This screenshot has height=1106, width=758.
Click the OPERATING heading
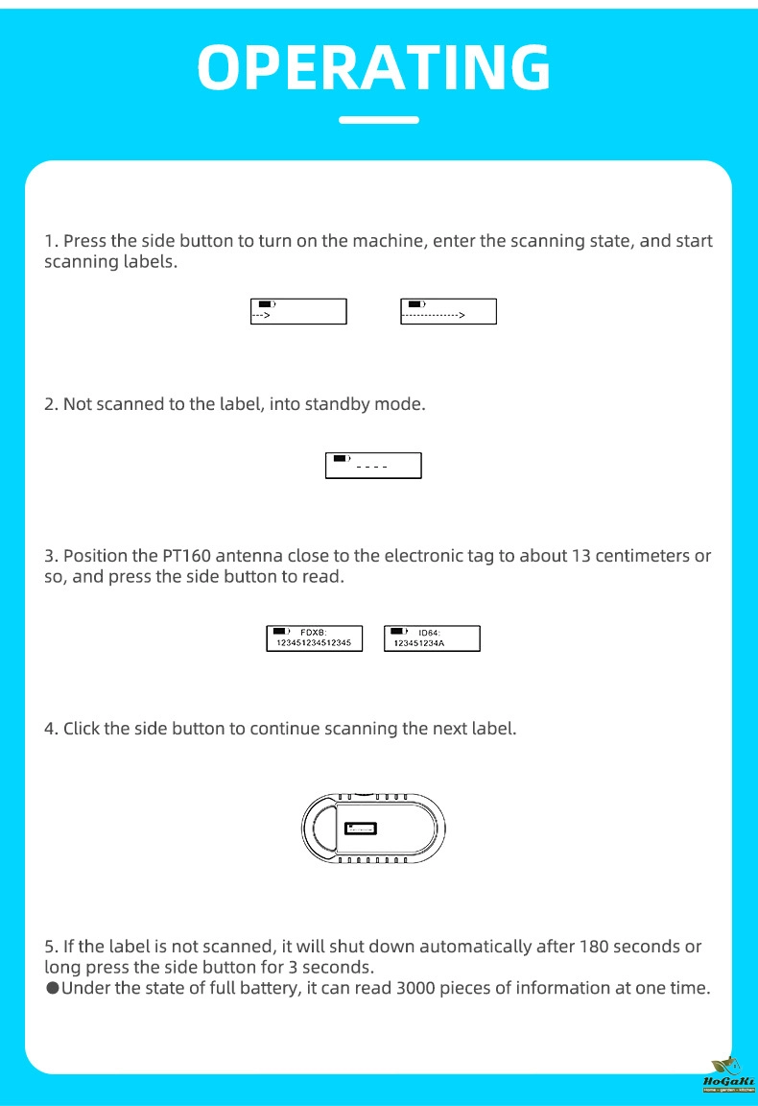click(x=374, y=66)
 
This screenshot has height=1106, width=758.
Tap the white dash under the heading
click(x=379, y=120)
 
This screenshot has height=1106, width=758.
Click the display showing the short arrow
click(x=297, y=311)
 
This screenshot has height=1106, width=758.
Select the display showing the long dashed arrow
click(x=448, y=311)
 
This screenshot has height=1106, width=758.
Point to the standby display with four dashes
click(x=373, y=465)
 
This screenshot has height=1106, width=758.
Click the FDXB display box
click(x=315, y=638)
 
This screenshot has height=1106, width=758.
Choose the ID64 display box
click(x=432, y=638)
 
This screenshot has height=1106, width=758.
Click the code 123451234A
click(x=419, y=644)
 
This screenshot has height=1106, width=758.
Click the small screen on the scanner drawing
click(x=362, y=829)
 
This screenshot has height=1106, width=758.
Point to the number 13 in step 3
click(x=581, y=557)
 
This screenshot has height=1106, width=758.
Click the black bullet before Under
click(x=52, y=988)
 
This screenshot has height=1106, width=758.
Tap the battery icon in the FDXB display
click(x=280, y=631)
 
